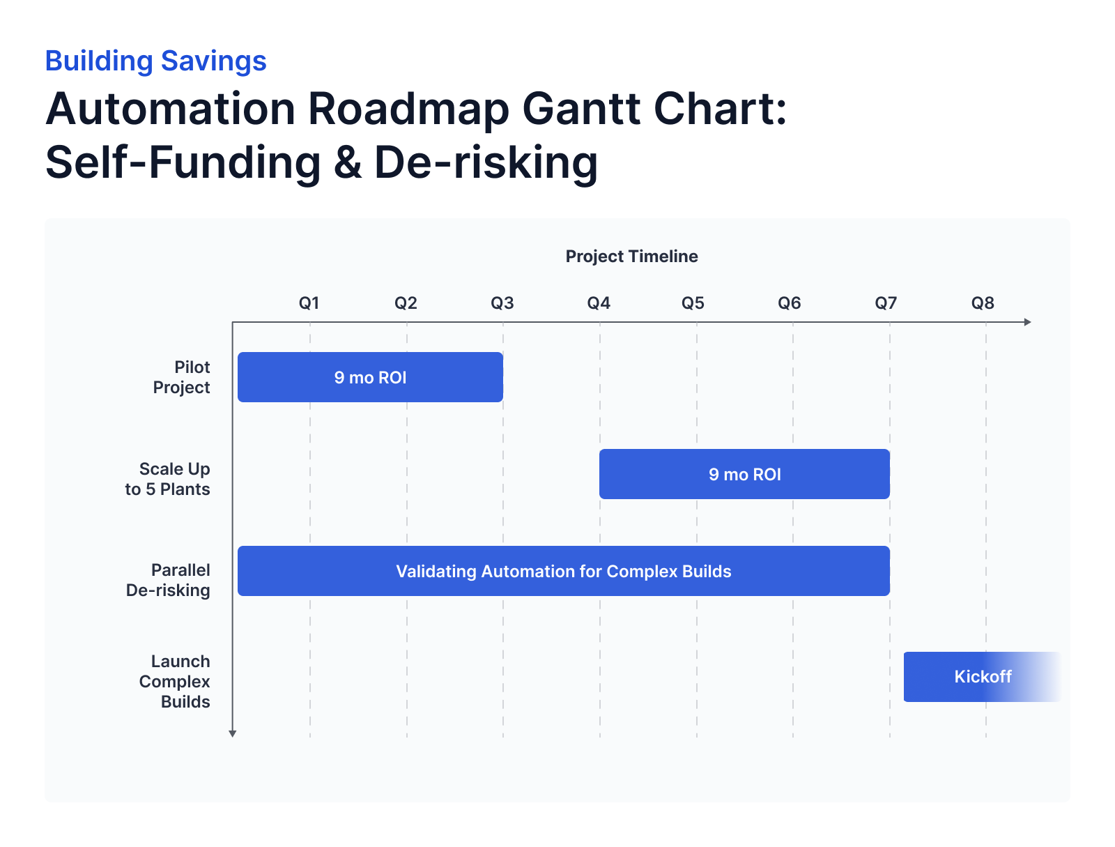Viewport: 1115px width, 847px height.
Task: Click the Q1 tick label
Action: pos(309,303)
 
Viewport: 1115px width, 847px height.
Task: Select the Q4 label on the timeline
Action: pos(599,303)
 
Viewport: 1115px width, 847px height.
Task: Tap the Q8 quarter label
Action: pos(983,303)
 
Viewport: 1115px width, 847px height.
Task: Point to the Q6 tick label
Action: pos(790,303)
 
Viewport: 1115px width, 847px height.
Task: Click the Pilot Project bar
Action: pos(370,377)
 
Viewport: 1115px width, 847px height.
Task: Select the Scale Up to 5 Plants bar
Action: pos(744,474)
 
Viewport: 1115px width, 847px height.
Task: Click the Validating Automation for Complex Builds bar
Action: pos(563,571)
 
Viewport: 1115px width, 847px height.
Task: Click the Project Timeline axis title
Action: pos(631,257)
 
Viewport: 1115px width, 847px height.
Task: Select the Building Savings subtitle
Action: pos(155,61)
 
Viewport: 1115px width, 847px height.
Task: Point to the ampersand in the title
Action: pos(348,162)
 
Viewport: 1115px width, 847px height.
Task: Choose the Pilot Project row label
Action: pos(182,377)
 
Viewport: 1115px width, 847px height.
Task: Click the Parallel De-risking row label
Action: pos(169,580)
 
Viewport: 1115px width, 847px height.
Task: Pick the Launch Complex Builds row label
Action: pos(175,681)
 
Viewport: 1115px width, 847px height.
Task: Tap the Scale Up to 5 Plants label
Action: pos(168,479)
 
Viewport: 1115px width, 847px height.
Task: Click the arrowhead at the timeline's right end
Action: pos(1027,322)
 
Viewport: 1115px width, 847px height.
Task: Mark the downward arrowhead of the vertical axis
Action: pos(233,733)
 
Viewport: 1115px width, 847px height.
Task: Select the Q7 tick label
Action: pos(886,303)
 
